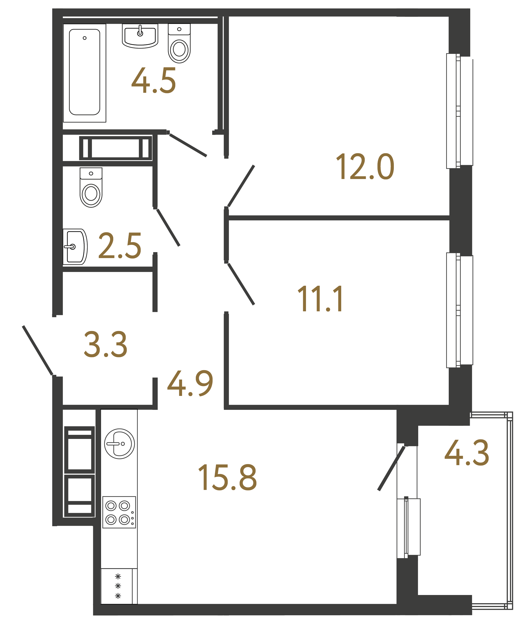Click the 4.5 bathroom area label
coord(154,81)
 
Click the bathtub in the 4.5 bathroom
coord(84,73)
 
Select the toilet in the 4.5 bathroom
coord(179,43)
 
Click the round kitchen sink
coord(119,444)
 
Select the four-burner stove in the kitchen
coord(119,512)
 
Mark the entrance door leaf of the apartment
coord(38,350)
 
